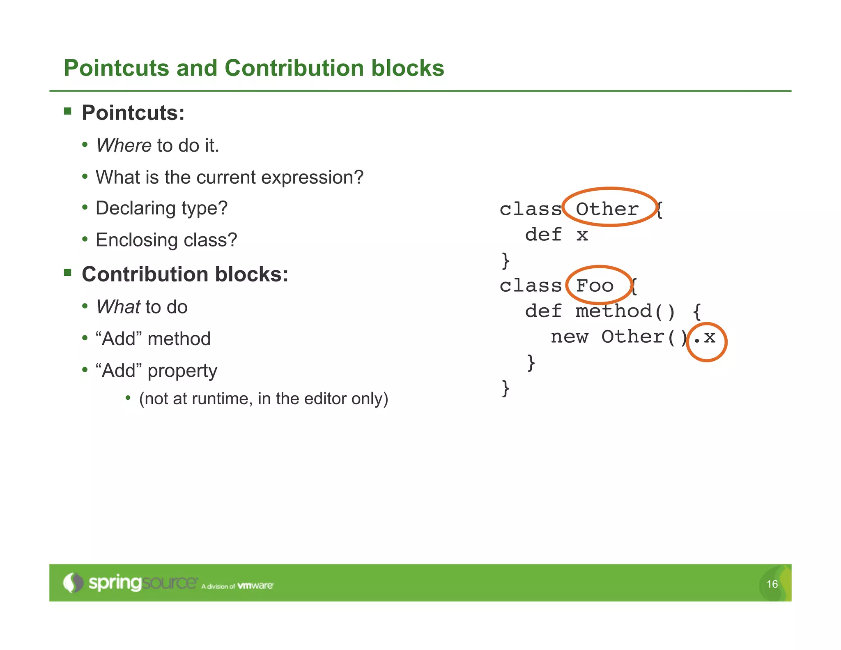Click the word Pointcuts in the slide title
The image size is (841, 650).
[x=116, y=68]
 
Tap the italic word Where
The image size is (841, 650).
[x=124, y=145]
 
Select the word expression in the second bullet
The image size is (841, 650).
[x=312, y=177]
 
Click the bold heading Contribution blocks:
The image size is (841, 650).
[x=185, y=274]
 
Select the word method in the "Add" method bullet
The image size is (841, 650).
[x=179, y=339]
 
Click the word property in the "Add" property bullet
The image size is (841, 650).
[x=182, y=371]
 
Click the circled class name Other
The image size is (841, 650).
[x=607, y=209]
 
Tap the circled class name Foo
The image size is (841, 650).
[x=595, y=286]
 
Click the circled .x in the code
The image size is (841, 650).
[x=705, y=337]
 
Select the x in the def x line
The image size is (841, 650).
[x=582, y=235]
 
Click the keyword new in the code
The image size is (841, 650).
[x=569, y=337]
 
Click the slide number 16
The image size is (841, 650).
[x=772, y=584]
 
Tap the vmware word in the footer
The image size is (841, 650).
[x=255, y=585]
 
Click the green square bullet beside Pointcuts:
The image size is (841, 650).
[x=68, y=111]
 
